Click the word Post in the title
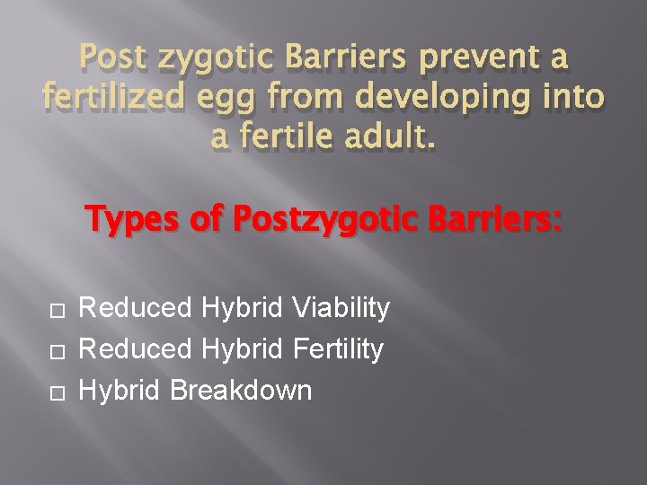click(x=115, y=60)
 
